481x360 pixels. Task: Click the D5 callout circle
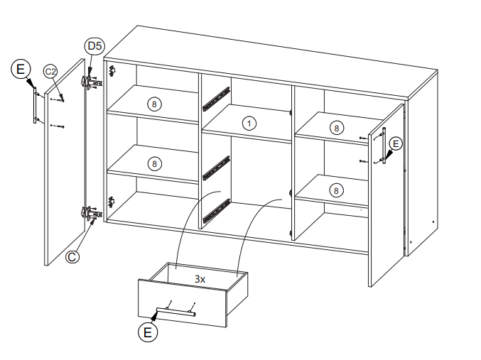pos(94,46)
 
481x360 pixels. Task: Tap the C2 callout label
pos(50,72)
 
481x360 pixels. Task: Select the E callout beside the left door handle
pos(21,69)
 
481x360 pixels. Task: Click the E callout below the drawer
pos(148,332)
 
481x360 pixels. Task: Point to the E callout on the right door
pos(396,144)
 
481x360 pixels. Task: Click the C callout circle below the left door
pos(72,256)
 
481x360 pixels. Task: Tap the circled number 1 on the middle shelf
pos(249,124)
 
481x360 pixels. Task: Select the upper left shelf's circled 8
pos(154,104)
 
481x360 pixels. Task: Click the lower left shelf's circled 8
pos(154,164)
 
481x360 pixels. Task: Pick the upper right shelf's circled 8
pos(337,128)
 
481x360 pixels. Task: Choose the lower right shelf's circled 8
pos(336,191)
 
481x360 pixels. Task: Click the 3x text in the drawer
pos(200,279)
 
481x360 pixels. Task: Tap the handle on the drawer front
pos(175,311)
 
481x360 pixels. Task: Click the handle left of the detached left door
pos(35,105)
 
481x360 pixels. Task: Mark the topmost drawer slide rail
pos(216,99)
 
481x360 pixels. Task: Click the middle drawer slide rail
pos(216,168)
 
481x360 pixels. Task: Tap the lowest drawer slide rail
pos(216,211)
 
